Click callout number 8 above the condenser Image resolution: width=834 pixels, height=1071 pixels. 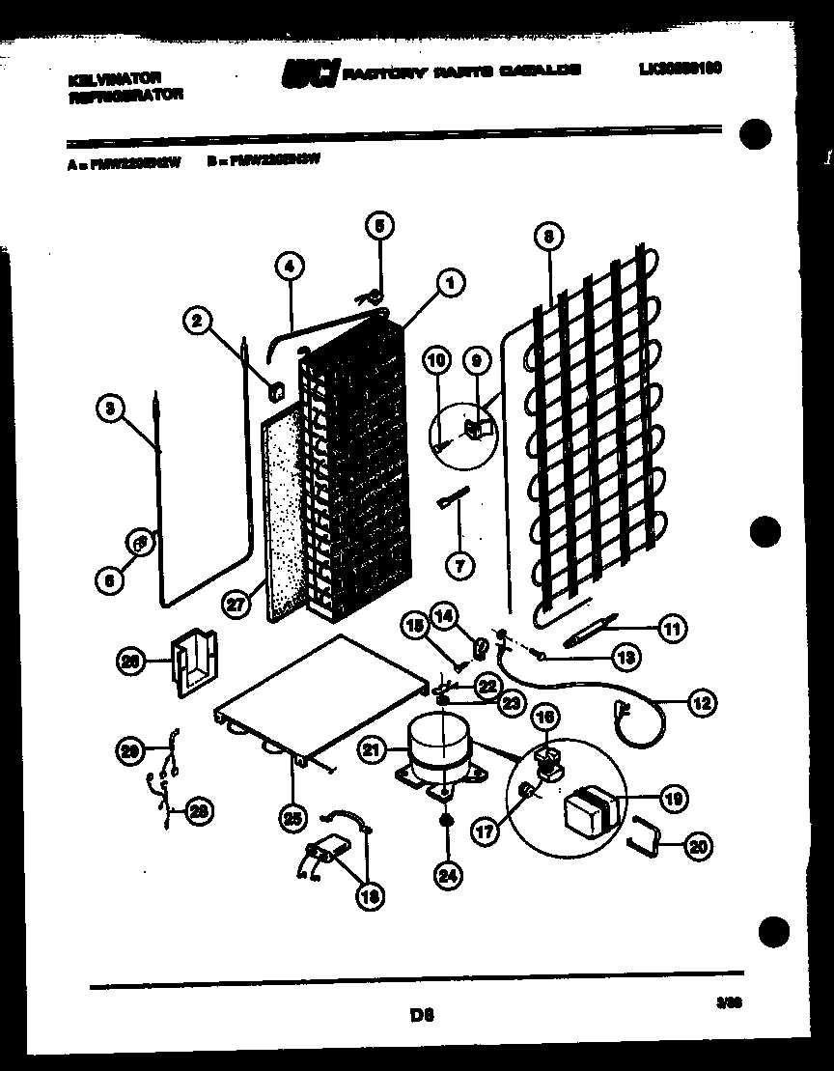click(547, 235)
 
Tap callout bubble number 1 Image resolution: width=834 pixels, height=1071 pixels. click(449, 282)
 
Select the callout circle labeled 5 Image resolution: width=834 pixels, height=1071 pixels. click(379, 227)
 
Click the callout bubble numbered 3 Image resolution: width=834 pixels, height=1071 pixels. click(111, 409)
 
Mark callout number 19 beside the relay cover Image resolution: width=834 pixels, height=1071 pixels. click(672, 798)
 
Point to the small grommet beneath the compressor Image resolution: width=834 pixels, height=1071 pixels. click(446, 821)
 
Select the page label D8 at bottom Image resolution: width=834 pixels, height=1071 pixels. click(418, 1015)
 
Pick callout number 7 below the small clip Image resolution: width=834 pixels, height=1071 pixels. click(459, 564)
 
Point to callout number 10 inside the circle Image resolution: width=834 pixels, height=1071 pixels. click(437, 361)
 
